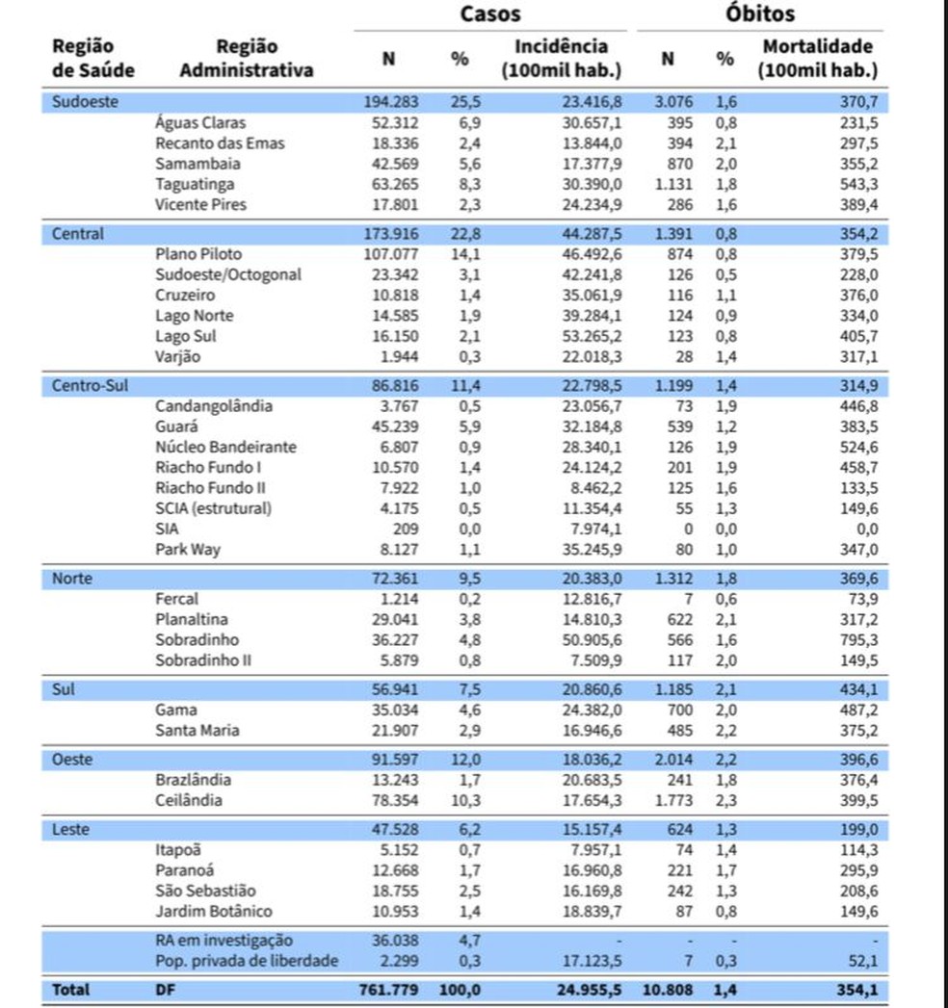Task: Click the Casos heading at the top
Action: (490, 13)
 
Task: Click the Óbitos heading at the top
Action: (760, 13)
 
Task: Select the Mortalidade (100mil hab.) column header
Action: (817, 58)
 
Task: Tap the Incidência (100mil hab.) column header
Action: (561, 58)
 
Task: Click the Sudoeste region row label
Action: (85, 103)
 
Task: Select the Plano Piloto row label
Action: (198, 254)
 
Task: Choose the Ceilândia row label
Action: (189, 800)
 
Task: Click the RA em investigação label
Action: (224, 940)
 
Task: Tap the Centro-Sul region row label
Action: (90, 386)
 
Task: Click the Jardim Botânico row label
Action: (214, 911)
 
